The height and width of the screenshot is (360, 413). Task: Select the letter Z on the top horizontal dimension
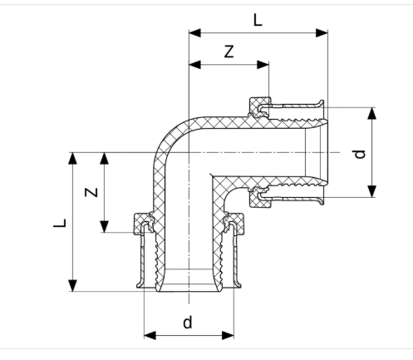[x=229, y=52]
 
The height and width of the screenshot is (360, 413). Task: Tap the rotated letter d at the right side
[x=359, y=153]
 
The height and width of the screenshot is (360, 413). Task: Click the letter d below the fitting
[x=188, y=321]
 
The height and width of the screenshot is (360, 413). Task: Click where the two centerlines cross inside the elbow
[x=189, y=153]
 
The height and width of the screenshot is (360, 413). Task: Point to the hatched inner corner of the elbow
[x=219, y=184]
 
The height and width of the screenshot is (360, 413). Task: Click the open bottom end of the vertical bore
[x=189, y=287]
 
